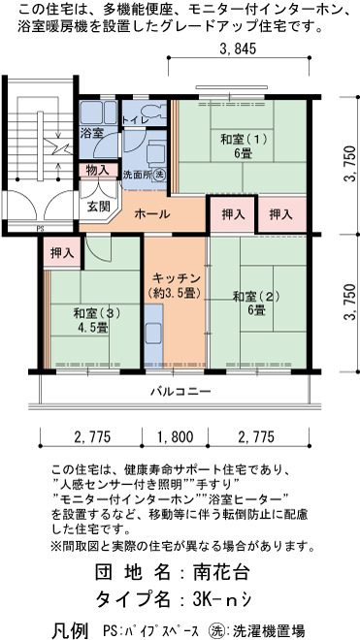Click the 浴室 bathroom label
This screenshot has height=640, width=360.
(91, 132)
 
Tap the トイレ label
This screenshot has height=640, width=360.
(134, 120)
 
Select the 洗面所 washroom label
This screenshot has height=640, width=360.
(137, 175)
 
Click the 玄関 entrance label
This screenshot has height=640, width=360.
(99, 207)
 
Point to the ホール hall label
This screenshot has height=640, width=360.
(152, 214)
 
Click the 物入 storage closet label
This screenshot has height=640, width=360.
(98, 171)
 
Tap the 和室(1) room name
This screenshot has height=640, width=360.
(244, 140)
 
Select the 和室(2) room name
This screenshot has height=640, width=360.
(256, 297)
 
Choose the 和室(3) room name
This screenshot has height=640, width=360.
(96, 313)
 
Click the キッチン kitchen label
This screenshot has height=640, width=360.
(176, 278)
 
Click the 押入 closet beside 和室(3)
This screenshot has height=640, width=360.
(62, 253)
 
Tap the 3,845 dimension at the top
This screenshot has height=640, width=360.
(238, 48)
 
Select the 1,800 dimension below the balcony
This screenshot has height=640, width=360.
(176, 437)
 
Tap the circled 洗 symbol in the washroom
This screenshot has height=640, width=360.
(160, 175)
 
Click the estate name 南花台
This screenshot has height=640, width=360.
(220, 573)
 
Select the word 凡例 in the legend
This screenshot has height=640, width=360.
(70, 630)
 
